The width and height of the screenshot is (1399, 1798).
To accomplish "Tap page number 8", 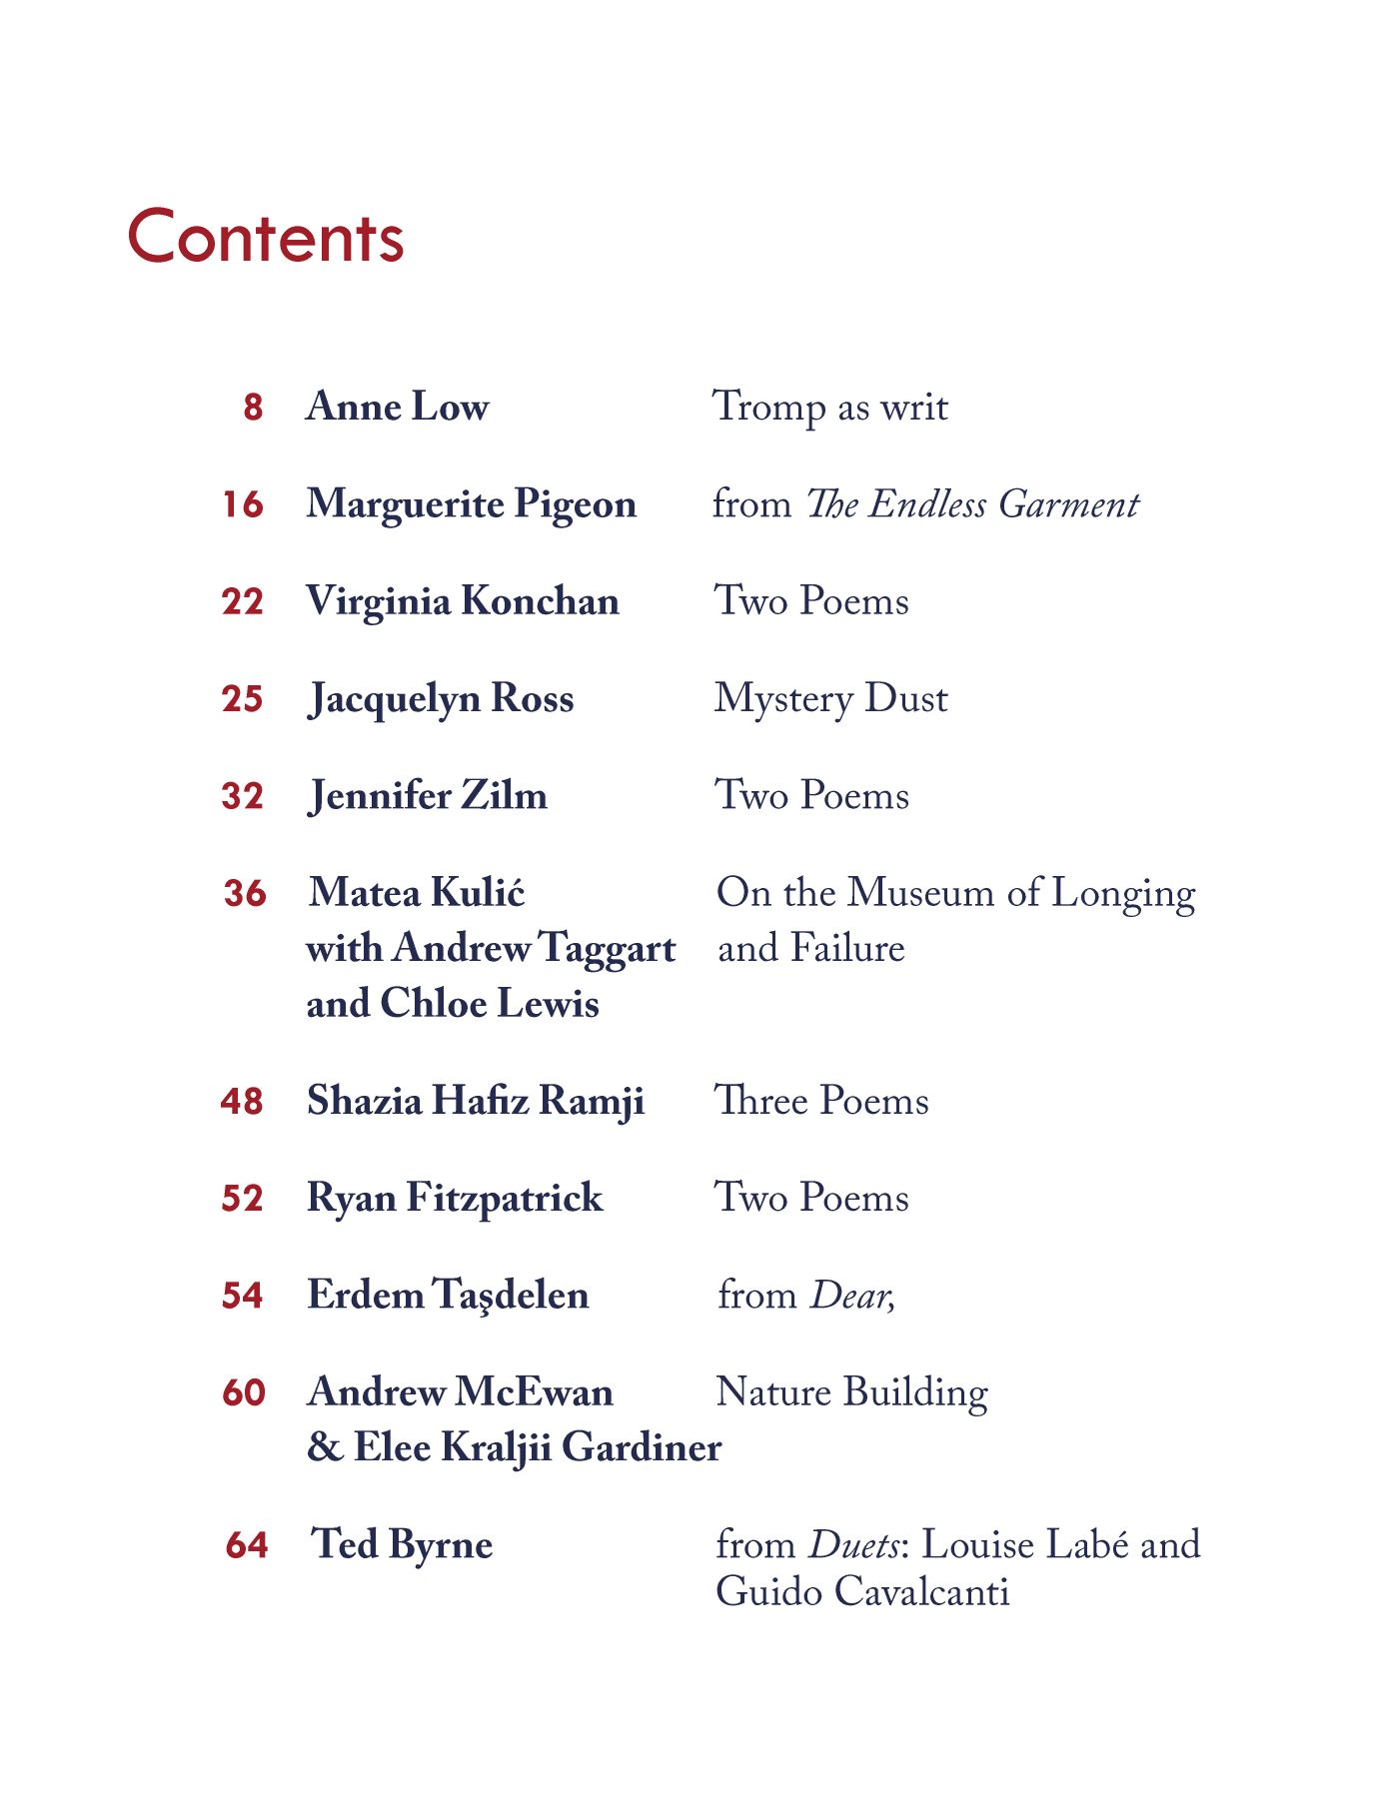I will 253,408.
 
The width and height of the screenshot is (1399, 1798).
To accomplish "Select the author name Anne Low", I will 398,407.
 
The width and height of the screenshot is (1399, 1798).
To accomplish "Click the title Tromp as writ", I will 829,408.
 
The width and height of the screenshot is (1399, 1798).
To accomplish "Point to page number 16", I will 243,504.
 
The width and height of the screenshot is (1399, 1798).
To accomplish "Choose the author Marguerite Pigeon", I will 471,504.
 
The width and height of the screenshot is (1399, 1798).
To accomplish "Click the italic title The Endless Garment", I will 971,504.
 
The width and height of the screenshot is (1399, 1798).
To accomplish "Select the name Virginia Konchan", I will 463,601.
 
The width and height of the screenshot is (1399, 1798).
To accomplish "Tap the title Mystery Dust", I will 830,699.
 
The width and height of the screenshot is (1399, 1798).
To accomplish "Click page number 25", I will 243,699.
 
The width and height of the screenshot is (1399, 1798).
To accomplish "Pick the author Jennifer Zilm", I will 428,796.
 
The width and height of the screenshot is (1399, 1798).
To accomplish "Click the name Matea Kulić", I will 417,893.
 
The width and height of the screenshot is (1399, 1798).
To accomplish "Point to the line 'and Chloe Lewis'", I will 453,1004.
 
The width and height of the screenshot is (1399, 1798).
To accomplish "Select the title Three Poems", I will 821,1101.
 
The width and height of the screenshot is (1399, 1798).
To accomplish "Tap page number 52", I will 243,1199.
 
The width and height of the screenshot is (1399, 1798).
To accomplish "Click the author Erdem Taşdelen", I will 448,1296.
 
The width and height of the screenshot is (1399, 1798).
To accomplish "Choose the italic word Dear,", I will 852,1296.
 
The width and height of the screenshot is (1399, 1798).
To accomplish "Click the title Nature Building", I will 852,1392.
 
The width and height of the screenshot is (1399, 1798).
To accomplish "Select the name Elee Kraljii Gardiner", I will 537,1447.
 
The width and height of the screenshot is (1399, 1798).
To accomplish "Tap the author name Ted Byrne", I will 402,1544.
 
